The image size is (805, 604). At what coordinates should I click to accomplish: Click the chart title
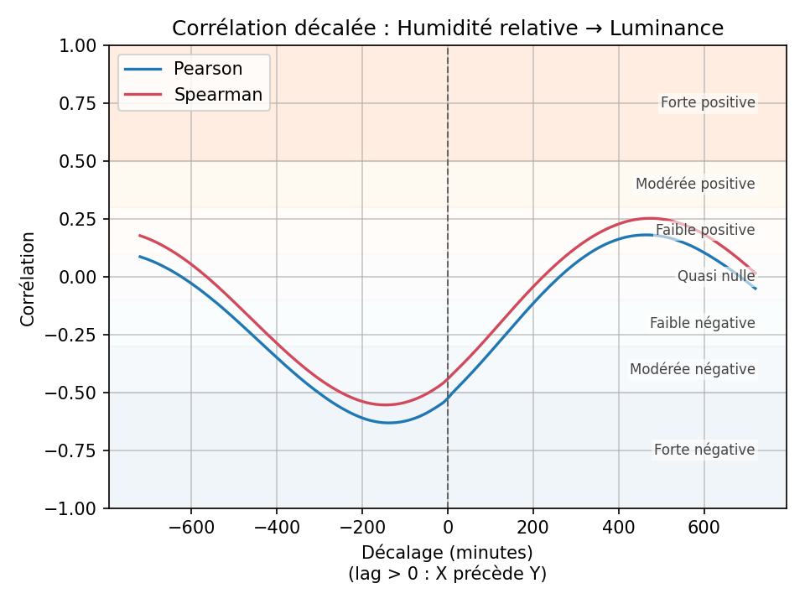point(448,29)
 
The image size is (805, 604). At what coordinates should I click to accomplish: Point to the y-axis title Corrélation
point(29,279)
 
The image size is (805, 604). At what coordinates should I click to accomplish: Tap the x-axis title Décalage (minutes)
point(448,553)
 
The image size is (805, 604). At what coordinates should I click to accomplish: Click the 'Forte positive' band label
point(708,103)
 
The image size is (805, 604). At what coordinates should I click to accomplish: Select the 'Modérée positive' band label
point(695,184)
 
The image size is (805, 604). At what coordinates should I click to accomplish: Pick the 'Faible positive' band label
point(705,230)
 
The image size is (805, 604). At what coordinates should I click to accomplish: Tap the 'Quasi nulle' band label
point(716,276)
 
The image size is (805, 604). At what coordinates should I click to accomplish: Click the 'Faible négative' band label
point(703,323)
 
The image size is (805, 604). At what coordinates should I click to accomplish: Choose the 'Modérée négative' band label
point(693,369)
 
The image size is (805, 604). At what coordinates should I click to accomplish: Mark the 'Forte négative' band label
point(704,450)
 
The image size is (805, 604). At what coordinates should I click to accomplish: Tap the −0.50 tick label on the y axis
point(76,393)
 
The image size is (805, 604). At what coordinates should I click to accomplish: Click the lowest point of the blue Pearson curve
point(389,422)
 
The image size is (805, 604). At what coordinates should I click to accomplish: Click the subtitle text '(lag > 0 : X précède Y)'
point(448,574)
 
